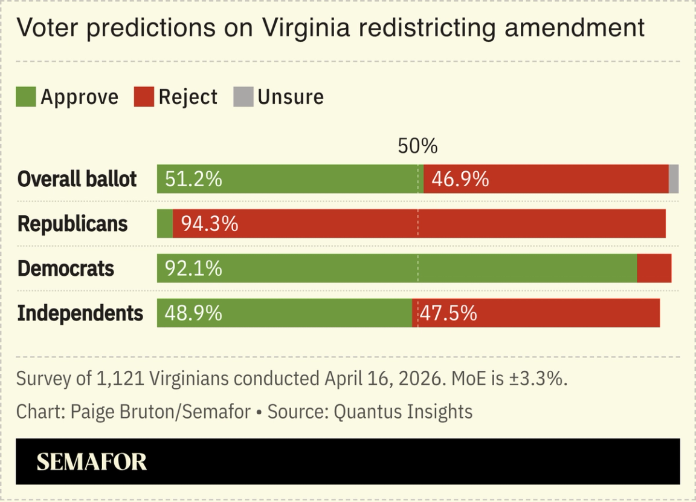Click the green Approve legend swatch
(x=25, y=97)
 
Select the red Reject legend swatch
(x=144, y=97)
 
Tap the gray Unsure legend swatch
(x=243, y=97)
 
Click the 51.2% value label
(x=193, y=179)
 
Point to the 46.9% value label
(x=460, y=179)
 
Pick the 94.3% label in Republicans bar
(x=210, y=224)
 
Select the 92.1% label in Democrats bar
(x=193, y=268)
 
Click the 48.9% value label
(x=193, y=313)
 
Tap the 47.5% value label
(x=448, y=313)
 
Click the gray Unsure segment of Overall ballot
(x=674, y=179)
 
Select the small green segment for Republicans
(x=164, y=224)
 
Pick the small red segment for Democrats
(x=654, y=268)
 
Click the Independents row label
(x=80, y=313)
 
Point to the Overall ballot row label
(x=77, y=179)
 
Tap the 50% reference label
(x=417, y=146)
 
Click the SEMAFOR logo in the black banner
(x=91, y=462)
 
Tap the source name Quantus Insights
(x=403, y=412)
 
